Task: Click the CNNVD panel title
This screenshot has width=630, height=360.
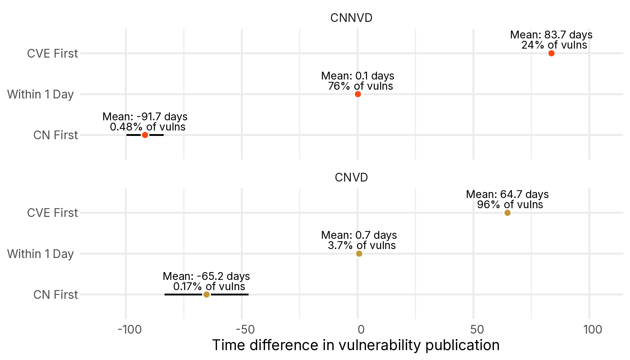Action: click(351, 18)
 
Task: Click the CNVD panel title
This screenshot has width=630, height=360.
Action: click(351, 178)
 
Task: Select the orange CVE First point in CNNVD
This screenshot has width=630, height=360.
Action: click(551, 53)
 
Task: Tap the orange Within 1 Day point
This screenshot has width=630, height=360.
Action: click(358, 94)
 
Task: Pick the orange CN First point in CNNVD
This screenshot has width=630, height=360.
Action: click(145, 135)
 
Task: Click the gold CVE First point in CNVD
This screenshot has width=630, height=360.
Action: click(508, 213)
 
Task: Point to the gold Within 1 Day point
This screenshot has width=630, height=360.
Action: click(359, 254)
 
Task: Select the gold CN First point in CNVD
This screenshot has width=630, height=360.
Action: click(206, 295)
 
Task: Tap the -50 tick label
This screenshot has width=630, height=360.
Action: click(245, 330)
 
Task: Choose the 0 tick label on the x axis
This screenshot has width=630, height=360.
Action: click(361, 330)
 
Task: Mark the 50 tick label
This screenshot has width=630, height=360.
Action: click(477, 330)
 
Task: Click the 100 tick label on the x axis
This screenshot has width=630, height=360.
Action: click(593, 330)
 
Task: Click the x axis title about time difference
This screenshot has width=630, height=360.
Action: click(356, 345)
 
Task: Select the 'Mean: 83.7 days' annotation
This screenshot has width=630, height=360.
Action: click(551, 35)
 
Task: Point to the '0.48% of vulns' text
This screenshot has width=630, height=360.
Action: click(148, 127)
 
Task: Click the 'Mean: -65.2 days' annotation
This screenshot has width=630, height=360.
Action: click(206, 276)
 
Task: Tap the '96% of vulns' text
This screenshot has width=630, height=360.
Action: click(510, 205)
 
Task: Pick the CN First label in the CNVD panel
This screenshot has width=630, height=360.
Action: click(55, 295)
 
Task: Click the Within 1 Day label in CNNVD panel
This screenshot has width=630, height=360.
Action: click(40, 94)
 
